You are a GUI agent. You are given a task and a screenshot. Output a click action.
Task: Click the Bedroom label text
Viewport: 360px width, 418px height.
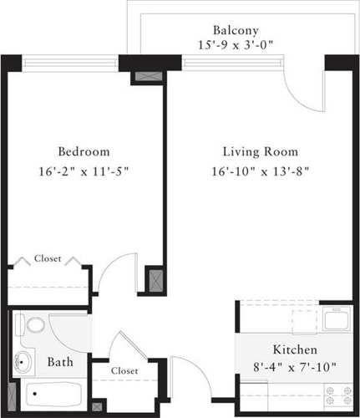tap(84, 152)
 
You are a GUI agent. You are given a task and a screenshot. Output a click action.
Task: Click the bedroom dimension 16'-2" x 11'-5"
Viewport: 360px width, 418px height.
tap(84, 171)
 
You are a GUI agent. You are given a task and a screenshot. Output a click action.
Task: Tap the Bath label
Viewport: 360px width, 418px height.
tap(58, 363)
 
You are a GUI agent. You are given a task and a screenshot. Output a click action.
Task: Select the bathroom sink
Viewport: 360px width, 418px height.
tap(24, 361)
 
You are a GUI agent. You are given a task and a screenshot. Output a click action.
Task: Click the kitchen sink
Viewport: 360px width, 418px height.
tap(336, 319)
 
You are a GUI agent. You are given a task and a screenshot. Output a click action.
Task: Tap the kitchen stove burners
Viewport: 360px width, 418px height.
tap(338, 393)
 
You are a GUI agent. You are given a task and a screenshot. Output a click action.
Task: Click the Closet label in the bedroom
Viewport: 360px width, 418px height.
tap(47, 259)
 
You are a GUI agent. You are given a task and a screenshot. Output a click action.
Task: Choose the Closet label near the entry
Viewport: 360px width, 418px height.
tap(124, 370)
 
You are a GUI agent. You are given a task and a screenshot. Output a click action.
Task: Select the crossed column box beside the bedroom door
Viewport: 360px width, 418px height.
tap(154, 278)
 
